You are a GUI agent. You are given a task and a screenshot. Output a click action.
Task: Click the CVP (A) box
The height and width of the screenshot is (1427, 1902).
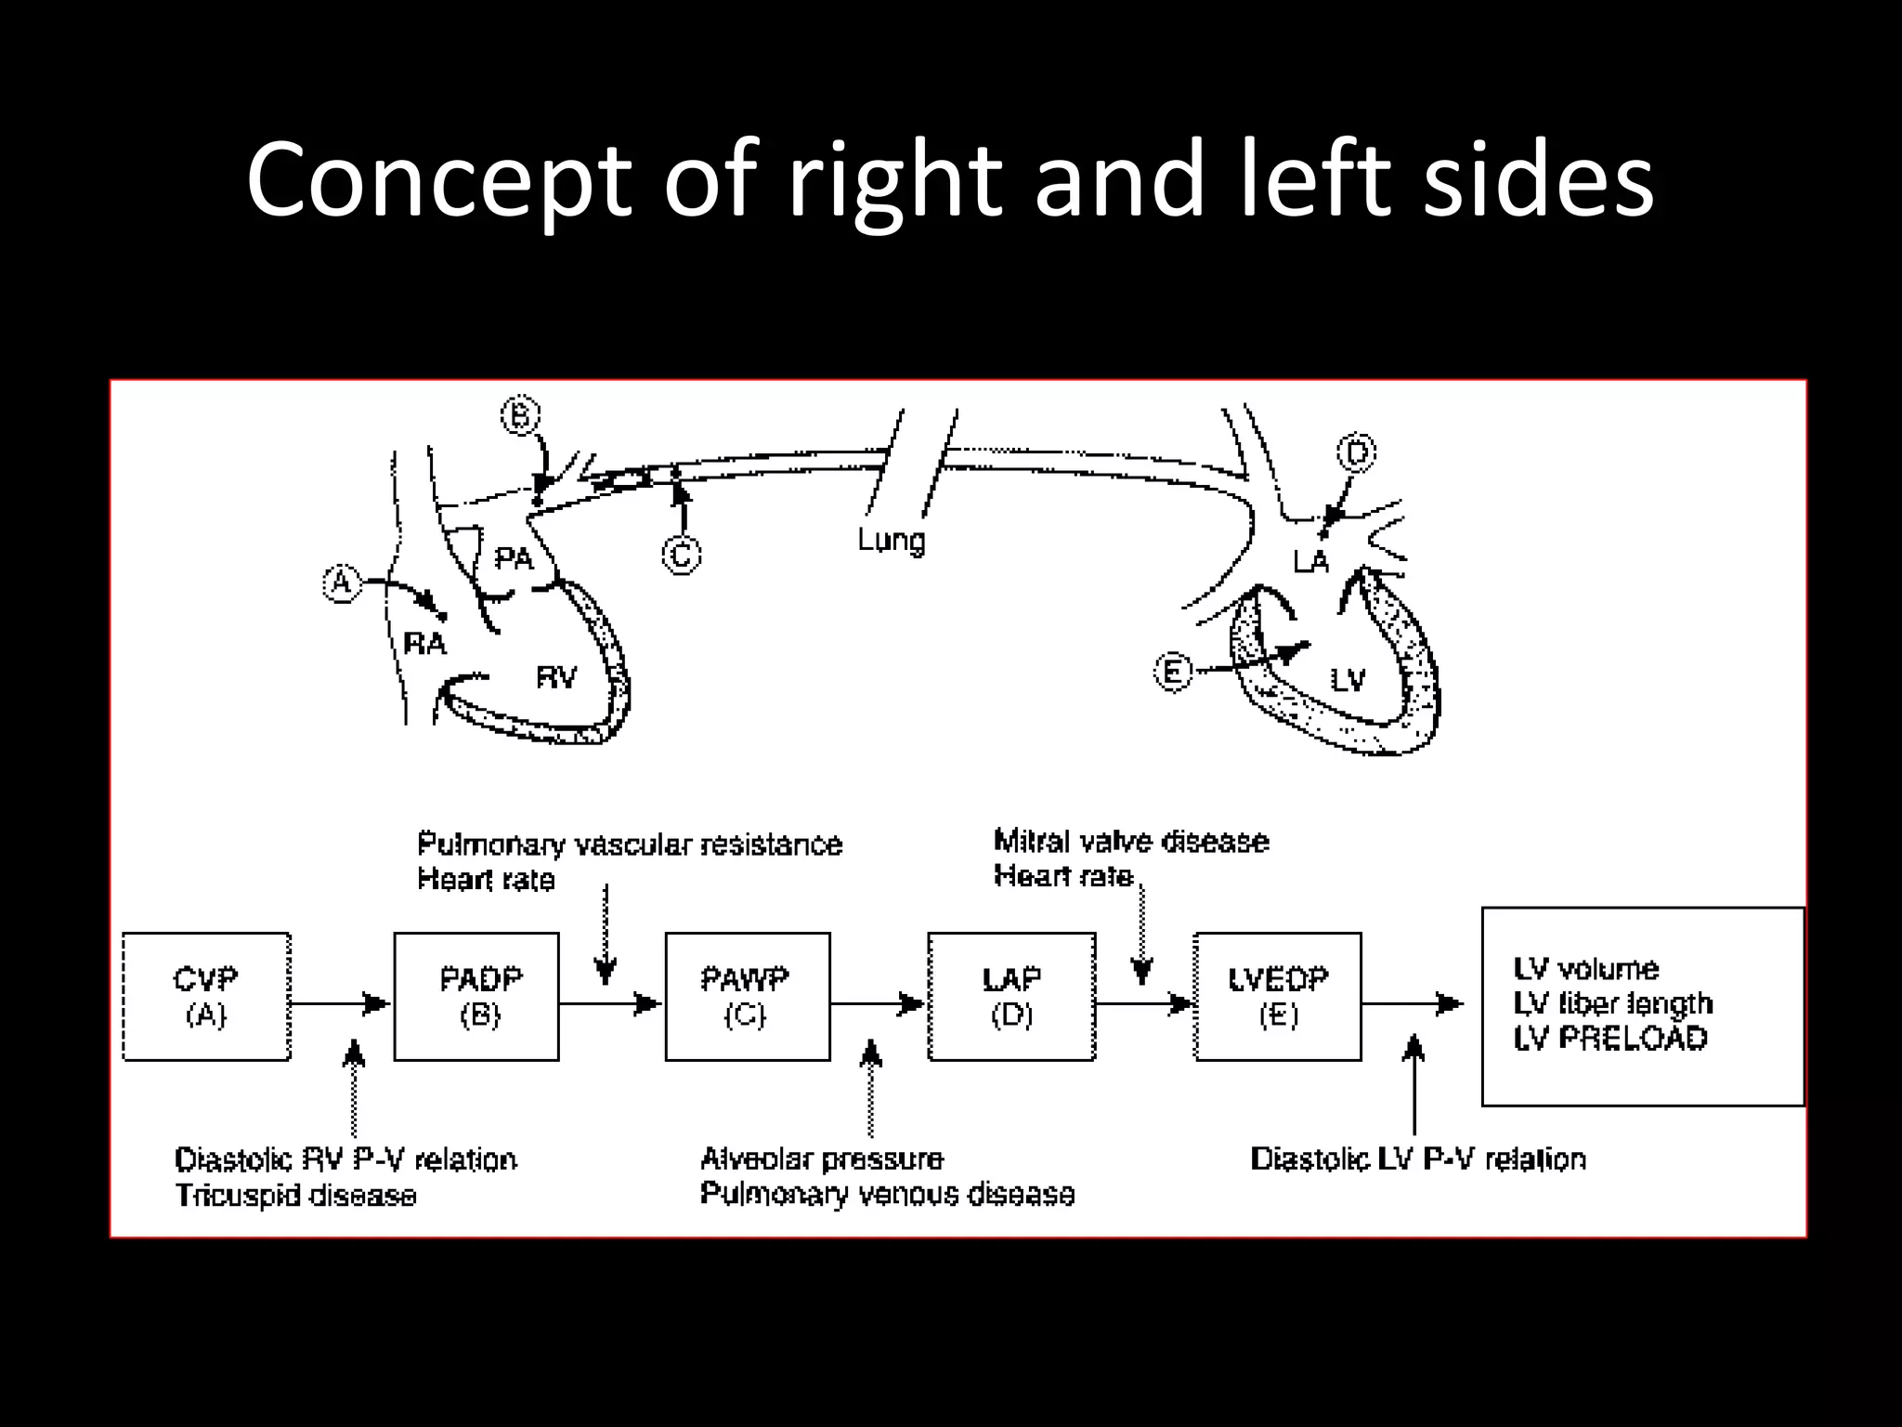click(206, 997)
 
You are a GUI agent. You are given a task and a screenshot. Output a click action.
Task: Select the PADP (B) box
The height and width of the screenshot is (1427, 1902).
click(476, 997)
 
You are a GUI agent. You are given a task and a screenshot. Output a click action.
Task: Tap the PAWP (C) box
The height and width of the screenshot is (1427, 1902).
click(748, 997)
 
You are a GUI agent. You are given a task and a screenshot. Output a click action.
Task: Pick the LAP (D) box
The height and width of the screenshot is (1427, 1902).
click(1011, 997)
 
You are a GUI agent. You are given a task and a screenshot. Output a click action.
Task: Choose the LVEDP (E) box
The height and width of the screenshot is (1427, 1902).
click(1278, 997)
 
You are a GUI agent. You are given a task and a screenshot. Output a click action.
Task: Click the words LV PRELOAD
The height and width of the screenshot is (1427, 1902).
click(1610, 1039)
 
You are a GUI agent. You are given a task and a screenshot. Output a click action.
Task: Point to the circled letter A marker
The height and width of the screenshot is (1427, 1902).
click(342, 584)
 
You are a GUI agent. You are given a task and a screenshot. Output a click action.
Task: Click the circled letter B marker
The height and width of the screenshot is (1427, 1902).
click(520, 415)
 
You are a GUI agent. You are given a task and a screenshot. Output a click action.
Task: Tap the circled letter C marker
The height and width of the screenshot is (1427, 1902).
click(681, 556)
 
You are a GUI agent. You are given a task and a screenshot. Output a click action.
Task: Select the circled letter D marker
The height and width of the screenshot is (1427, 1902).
click(1357, 453)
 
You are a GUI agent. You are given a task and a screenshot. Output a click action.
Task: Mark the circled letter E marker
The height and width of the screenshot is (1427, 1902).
click(1173, 671)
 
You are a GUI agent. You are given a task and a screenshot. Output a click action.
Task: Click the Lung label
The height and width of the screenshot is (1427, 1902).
click(892, 540)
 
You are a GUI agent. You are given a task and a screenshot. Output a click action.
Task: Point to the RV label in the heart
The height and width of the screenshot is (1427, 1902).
click(556, 677)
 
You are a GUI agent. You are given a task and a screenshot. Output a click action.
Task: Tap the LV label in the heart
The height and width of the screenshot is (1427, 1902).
click(1348, 681)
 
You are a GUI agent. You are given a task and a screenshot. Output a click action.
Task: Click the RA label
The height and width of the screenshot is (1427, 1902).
click(425, 643)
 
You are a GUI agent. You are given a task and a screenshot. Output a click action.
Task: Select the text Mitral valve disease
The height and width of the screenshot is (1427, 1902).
click(1131, 842)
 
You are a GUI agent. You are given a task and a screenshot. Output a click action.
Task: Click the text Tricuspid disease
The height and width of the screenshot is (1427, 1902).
click(295, 1195)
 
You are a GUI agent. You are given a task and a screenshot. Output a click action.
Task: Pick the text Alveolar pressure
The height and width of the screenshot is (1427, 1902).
click(822, 1159)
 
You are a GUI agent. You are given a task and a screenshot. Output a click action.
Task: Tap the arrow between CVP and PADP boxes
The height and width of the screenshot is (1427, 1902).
click(340, 1003)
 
